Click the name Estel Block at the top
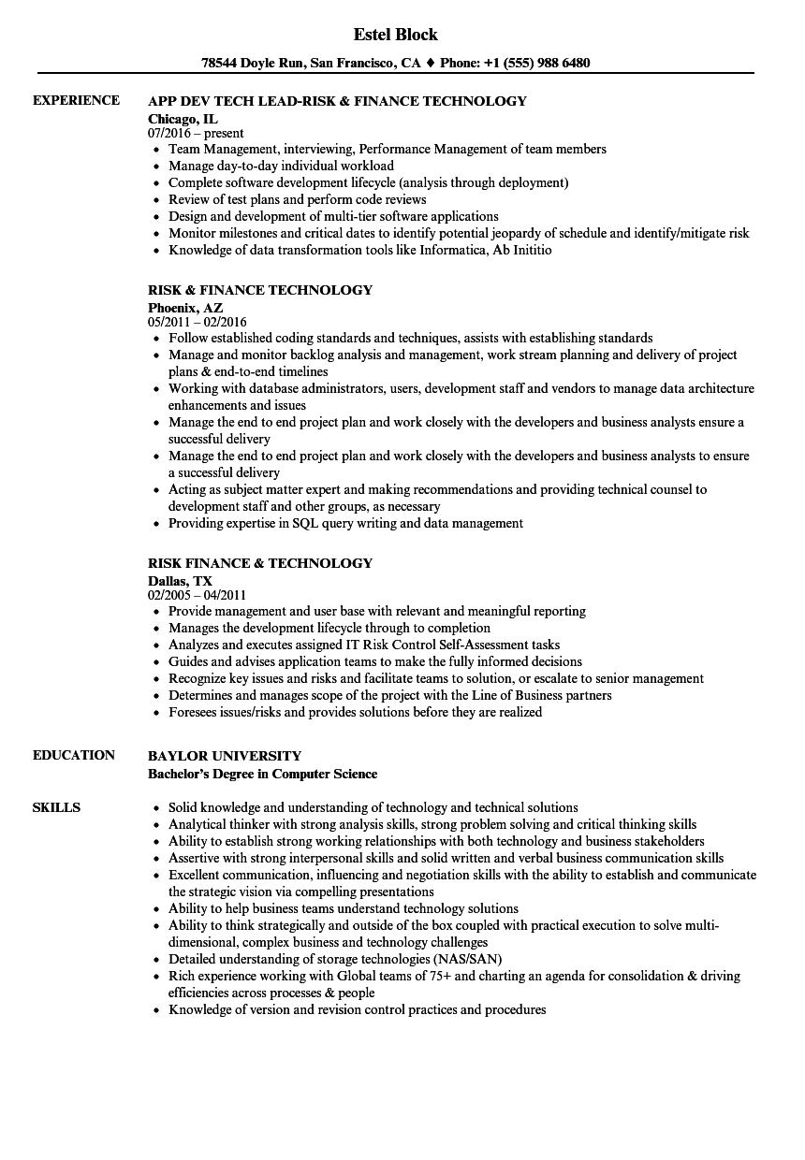pos(395,35)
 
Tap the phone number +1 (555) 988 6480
pos(535,64)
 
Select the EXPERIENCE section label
pos(76,100)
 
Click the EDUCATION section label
pos(74,755)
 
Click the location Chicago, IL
pos(183,118)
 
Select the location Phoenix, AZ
pos(185,307)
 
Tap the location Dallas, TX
pos(180,580)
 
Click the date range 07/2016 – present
pos(196,133)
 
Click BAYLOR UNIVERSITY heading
pos(225,755)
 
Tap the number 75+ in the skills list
pos(435,976)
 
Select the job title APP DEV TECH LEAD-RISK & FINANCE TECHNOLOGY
pos(337,100)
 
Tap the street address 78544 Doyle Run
pos(245,64)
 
